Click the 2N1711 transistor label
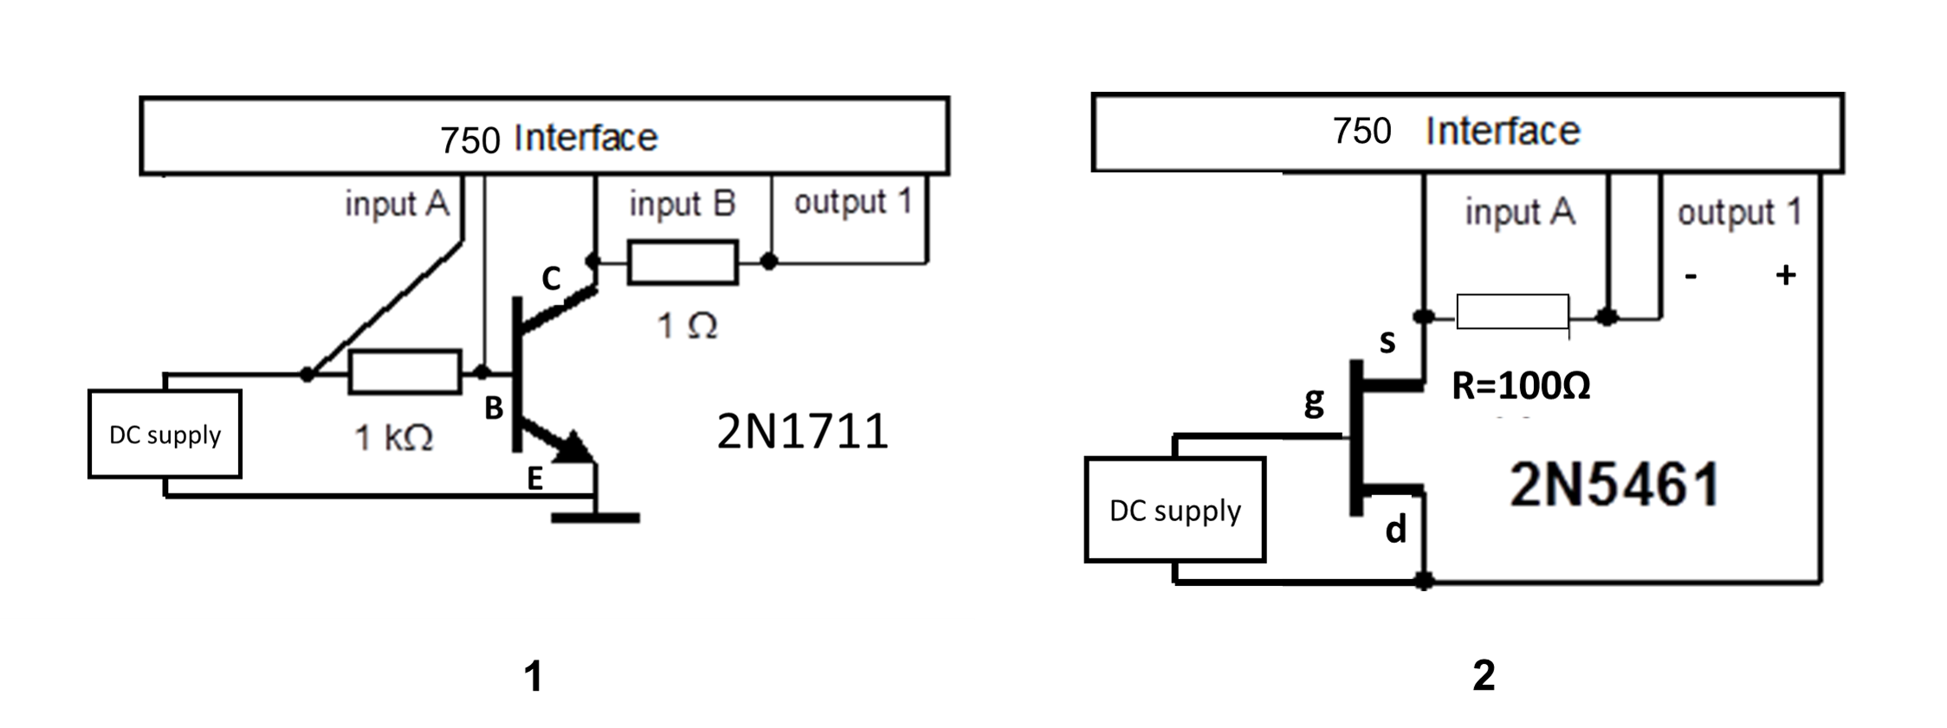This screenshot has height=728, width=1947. (x=802, y=431)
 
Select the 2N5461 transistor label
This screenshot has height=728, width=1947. (x=1614, y=485)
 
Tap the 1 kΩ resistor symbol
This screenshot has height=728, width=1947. (x=404, y=372)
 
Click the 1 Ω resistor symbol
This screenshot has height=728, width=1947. (x=682, y=262)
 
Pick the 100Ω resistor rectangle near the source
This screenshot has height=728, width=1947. (x=1512, y=312)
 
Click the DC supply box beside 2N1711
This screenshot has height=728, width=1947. (x=165, y=434)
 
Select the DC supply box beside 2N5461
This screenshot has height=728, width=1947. (x=1175, y=510)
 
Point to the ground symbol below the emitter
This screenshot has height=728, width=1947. (x=595, y=518)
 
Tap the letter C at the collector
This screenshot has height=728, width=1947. (x=551, y=279)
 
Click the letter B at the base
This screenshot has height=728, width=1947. (x=494, y=409)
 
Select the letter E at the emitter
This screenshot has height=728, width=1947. (x=535, y=479)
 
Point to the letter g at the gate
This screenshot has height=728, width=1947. (x=1314, y=402)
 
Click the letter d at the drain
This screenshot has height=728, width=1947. (x=1395, y=529)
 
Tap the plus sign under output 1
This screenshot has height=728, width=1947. (x=1785, y=275)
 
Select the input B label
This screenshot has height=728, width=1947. (x=682, y=204)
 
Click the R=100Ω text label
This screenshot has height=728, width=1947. (x=1521, y=386)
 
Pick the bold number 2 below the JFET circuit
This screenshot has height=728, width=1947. (x=1484, y=675)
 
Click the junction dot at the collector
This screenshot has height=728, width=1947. (x=593, y=260)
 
